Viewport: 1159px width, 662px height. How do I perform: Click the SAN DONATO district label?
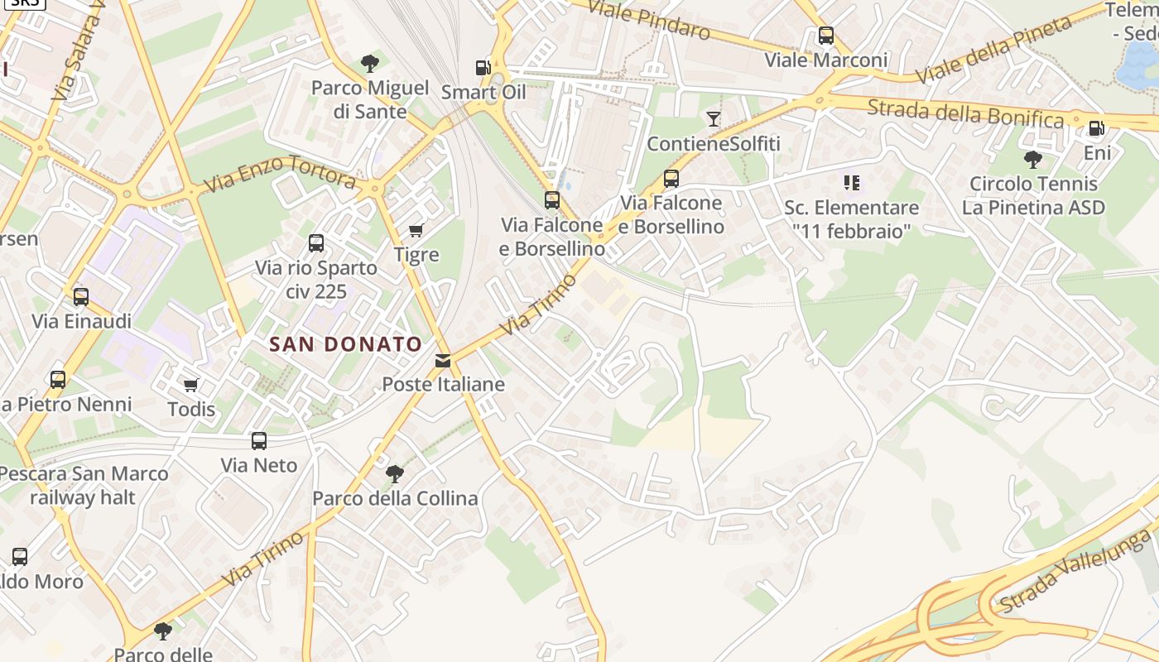346,344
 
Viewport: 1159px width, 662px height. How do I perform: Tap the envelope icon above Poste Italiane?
443,361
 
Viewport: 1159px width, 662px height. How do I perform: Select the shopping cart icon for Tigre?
416,230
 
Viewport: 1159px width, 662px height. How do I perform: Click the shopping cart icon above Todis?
191,385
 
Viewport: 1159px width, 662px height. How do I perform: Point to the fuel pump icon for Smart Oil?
483,67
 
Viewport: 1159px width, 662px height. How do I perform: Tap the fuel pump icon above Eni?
1096,127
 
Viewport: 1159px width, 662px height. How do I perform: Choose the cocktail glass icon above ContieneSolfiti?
713,118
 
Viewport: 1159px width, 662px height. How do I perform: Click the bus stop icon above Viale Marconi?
825,36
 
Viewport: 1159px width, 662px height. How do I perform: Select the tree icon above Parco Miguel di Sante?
370,63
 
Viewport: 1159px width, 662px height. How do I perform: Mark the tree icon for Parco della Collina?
395,474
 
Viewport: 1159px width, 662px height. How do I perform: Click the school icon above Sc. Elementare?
851,182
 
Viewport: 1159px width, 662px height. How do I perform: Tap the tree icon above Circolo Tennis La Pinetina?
1032,159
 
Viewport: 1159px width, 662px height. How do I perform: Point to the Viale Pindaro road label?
649,21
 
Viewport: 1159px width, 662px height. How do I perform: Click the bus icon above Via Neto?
259,441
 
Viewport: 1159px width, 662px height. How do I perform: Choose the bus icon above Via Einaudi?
80,297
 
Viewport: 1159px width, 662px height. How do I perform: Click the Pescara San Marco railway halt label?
83,486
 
